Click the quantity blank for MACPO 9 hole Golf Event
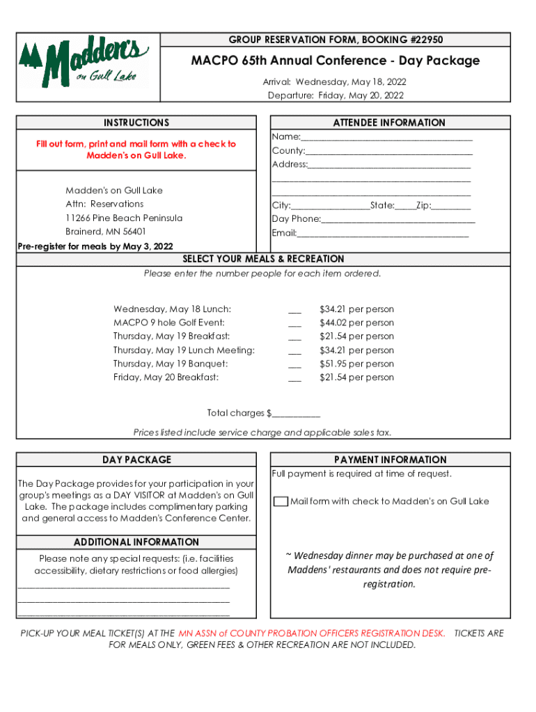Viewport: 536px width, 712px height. [294, 324]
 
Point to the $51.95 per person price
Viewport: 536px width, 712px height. [356, 364]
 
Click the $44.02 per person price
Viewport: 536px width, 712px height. [356, 323]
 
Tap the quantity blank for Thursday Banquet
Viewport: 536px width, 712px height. [294, 365]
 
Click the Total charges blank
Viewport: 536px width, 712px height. [296, 414]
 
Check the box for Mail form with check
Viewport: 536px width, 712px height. [281, 501]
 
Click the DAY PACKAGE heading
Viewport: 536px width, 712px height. [136, 460]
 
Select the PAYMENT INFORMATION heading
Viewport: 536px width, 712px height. [390, 460]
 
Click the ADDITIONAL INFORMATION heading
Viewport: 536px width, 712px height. [136, 542]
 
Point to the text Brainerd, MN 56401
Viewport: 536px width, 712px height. [105, 232]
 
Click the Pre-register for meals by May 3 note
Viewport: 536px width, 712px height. [95, 246]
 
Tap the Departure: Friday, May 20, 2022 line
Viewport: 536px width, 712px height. [336, 95]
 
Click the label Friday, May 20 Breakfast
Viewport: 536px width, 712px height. [166, 378]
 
